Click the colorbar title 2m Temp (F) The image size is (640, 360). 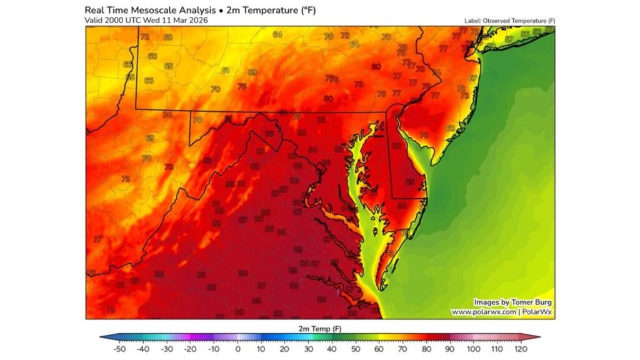coord(319,327)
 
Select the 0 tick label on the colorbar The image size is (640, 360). coord(238,349)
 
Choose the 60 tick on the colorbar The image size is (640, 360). coord(377,349)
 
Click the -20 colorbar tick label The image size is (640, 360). coord(191,349)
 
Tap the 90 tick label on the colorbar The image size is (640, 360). coord(447,349)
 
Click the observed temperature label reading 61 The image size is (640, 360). coord(225,71)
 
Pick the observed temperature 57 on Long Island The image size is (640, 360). coord(509,39)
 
